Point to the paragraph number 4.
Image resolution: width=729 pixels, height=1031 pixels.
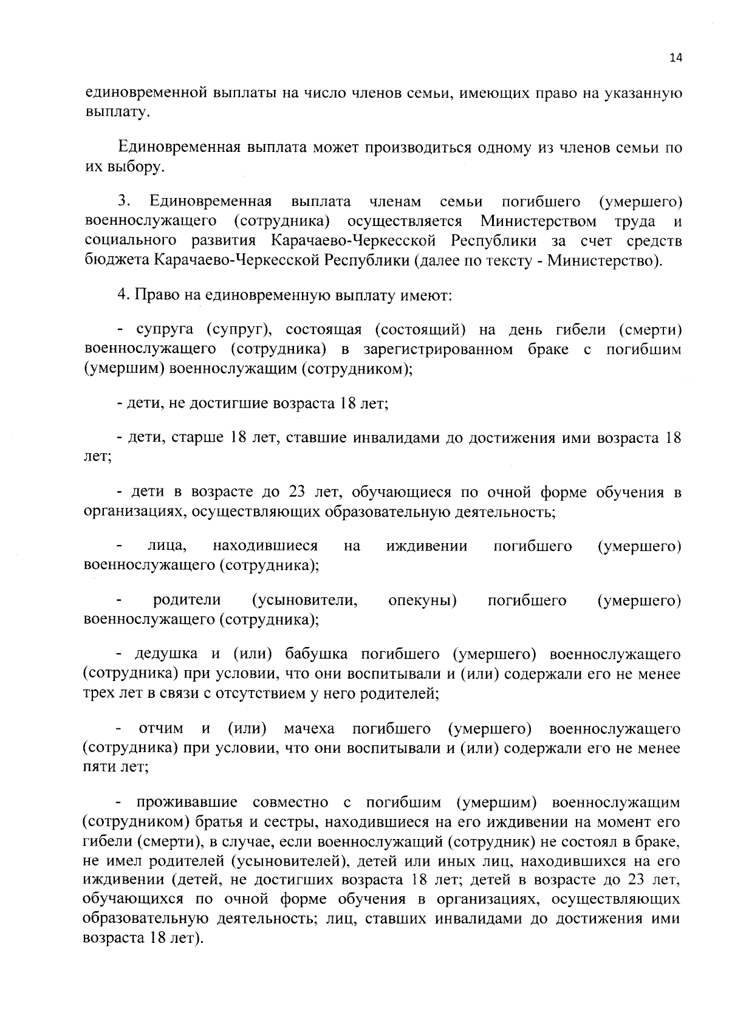(x=122, y=296)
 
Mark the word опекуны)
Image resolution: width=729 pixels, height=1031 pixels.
(x=423, y=600)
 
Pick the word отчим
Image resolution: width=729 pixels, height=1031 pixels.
(x=161, y=728)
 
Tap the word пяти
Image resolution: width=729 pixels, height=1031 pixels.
(x=99, y=767)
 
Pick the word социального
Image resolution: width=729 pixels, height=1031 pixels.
(x=129, y=241)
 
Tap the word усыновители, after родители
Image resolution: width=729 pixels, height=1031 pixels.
(x=304, y=600)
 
